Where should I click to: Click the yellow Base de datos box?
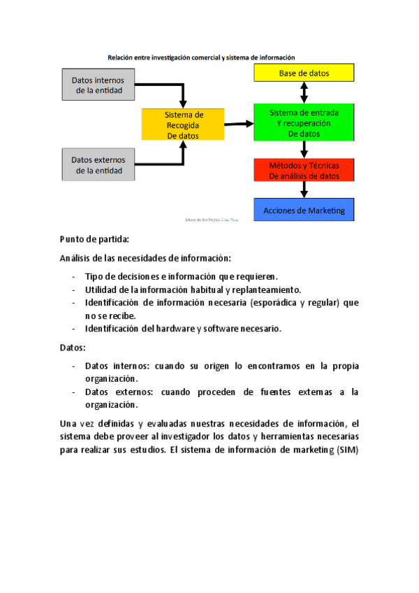point(304,73)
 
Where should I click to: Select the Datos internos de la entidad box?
point(98,85)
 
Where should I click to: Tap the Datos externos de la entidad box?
point(98,164)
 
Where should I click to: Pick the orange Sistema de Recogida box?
point(183,125)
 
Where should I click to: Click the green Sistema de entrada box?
point(304,122)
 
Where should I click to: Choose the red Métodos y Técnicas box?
point(304,171)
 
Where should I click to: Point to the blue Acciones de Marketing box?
point(304,210)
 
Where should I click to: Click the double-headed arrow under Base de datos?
point(304,92)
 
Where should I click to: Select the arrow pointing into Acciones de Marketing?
point(304,190)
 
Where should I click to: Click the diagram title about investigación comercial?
point(201,57)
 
